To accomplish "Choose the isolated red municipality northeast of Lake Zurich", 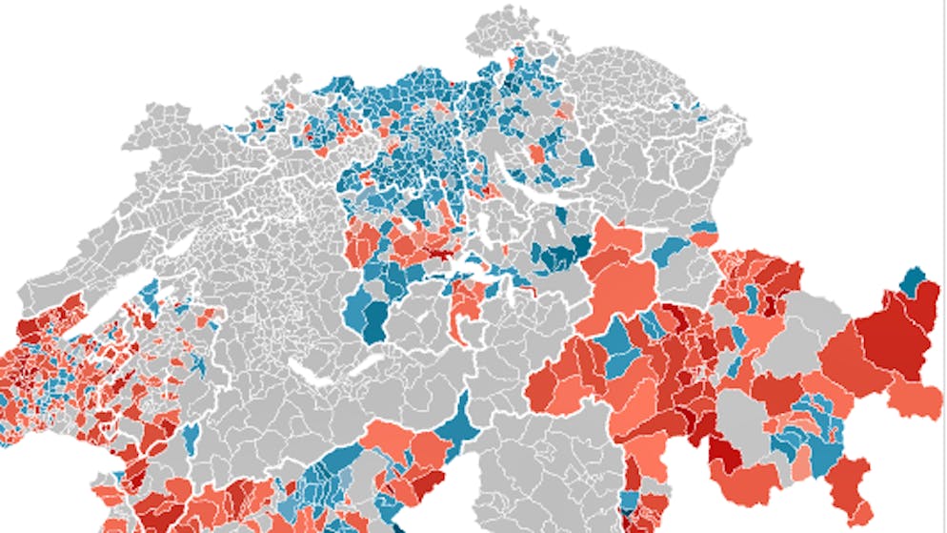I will tap(539, 153).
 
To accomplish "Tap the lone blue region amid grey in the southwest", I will tap(190, 438).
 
